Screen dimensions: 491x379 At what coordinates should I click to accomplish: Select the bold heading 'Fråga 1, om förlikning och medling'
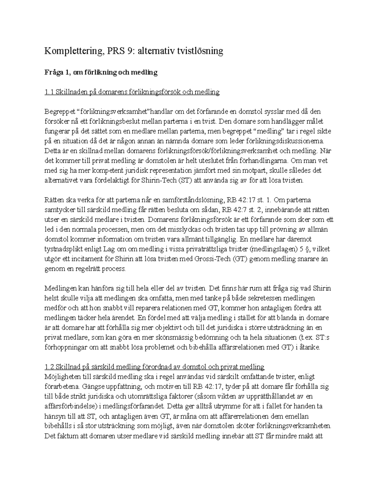click(x=101, y=72)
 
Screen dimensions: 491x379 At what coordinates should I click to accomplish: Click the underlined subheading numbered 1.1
click(x=132, y=92)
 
